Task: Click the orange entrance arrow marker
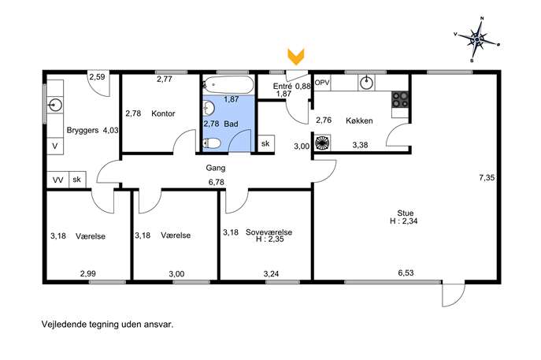(295, 57)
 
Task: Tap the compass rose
(477, 39)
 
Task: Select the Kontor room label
(163, 113)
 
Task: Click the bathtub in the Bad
(228, 84)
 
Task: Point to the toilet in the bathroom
(212, 143)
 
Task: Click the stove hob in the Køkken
(400, 99)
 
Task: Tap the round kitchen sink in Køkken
(366, 83)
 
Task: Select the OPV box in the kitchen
(322, 83)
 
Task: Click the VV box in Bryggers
(58, 180)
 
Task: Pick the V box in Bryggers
(55, 147)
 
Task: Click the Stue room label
(406, 213)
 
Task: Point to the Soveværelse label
(269, 232)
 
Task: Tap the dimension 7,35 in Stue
(487, 178)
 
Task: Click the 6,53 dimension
(406, 273)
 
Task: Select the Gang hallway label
(216, 168)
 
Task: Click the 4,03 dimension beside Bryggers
(110, 130)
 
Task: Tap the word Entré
(282, 86)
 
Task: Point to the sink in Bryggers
(55, 104)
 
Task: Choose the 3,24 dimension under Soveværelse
(271, 273)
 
